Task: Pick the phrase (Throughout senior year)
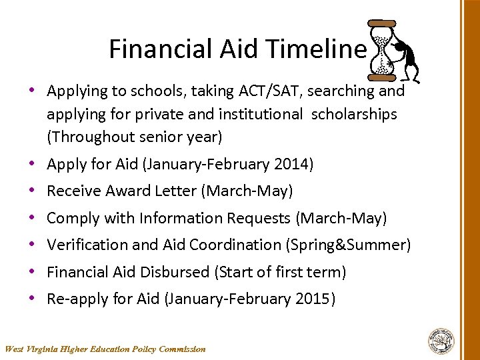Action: [134, 137]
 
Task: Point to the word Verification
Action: [87, 245]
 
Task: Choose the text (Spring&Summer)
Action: [348, 245]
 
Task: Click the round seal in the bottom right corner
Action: [441, 340]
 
